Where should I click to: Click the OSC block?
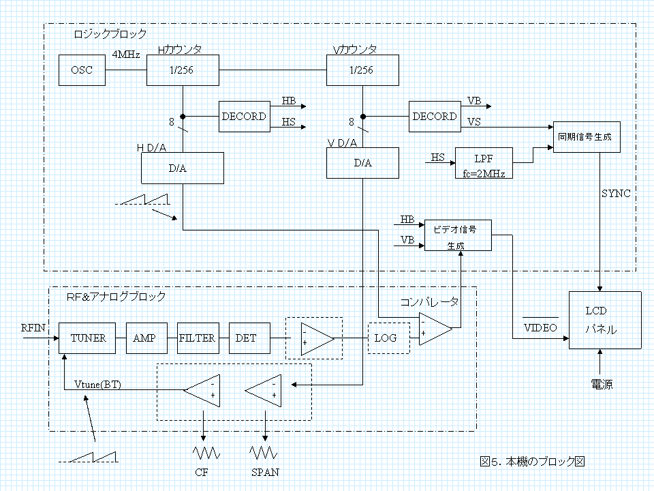click(82, 71)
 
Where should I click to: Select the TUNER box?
click(88, 338)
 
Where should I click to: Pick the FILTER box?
click(197, 338)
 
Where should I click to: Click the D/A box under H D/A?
click(183, 168)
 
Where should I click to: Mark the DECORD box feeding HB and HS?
click(243, 117)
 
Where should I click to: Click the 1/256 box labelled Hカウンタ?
click(183, 71)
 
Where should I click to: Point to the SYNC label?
click(616, 194)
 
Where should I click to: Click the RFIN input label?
click(33, 328)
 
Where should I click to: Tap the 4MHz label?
click(126, 55)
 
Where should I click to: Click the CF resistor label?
click(202, 472)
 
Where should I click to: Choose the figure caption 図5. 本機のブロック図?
click(532, 462)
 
